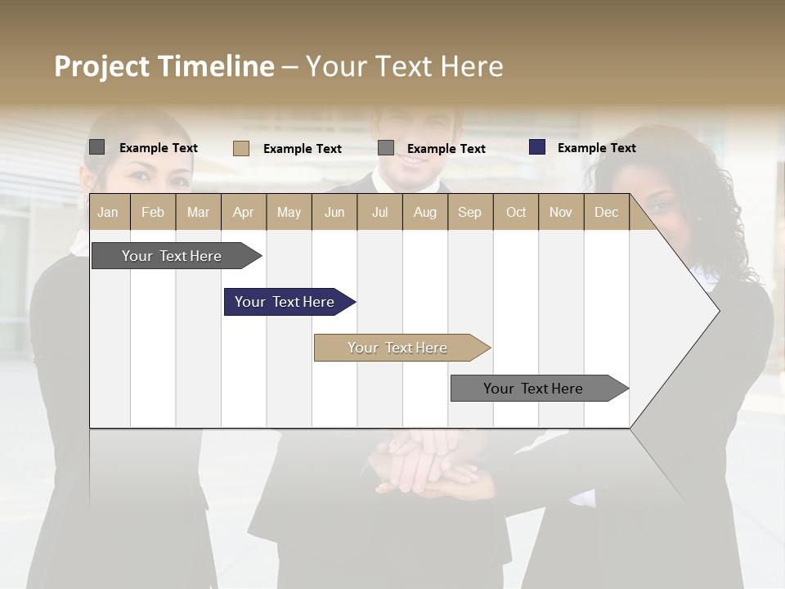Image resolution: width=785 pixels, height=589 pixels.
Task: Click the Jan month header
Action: pyautogui.click(x=108, y=212)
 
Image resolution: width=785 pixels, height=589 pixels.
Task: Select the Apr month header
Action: pyautogui.click(x=244, y=212)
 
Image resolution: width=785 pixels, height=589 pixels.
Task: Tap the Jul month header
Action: pyautogui.click(x=379, y=212)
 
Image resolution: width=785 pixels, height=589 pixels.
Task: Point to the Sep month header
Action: pyautogui.click(x=469, y=212)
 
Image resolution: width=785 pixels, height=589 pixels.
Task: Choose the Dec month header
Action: pyautogui.click(x=606, y=212)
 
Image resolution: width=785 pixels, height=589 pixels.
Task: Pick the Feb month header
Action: pyautogui.click(x=153, y=212)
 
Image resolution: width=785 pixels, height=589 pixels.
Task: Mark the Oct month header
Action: pyautogui.click(x=516, y=212)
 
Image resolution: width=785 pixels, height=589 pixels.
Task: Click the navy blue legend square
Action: pyautogui.click(x=537, y=147)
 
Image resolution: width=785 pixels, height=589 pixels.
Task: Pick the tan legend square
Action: pyautogui.click(x=241, y=148)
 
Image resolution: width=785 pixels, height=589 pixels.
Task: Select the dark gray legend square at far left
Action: pyautogui.click(x=97, y=147)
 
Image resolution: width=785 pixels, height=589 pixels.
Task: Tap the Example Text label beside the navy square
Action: pyautogui.click(x=596, y=148)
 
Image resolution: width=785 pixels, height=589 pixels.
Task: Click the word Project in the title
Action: pyautogui.click(x=102, y=66)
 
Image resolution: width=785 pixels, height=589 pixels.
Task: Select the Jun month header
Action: pyautogui.click(x=334, y=212)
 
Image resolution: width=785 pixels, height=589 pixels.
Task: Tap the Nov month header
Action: pyautogui.click(x=561, y=212)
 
